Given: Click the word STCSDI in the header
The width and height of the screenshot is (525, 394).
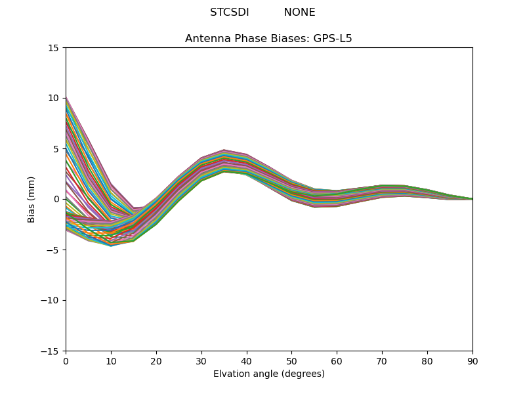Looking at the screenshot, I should pyautogui.click(x=229, y=12).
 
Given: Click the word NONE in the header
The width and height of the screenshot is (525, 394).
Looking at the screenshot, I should pyautogui.click(x=299, y=12).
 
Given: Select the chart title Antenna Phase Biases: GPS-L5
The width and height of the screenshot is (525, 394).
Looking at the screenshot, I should pyautogui.click(x=268, y=39).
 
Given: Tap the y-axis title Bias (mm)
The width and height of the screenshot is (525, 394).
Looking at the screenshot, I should pyautogui.click(x=31, y=199).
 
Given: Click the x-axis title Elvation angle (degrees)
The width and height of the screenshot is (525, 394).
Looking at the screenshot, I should pyautogui.click(x=268, y=374).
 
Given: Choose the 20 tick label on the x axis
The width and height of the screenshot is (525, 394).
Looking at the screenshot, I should pyautogui.click(x=156, y=361).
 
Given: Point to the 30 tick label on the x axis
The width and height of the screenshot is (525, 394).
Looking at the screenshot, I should pyautogui.click(x=201, y=361).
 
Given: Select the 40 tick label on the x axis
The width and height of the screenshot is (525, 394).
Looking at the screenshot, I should pyautogui.click(x=246, y=361).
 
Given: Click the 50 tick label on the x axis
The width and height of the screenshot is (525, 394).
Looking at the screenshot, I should pyautogui.click(x=291, y=361).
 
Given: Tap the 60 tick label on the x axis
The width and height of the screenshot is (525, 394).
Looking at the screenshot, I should pyautogui.click(x=337, y=361).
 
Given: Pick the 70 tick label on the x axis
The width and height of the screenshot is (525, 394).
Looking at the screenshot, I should pyautogui.click(x=382, y=361).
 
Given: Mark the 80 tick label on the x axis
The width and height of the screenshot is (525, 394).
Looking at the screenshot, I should pyautogui.click(x=427, y=361).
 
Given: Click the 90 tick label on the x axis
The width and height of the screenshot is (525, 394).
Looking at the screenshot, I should pyautogui.click(x=472, y=361).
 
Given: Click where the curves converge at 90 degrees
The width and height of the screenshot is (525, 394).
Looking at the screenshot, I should pyautogui.click(x=472, y=199).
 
